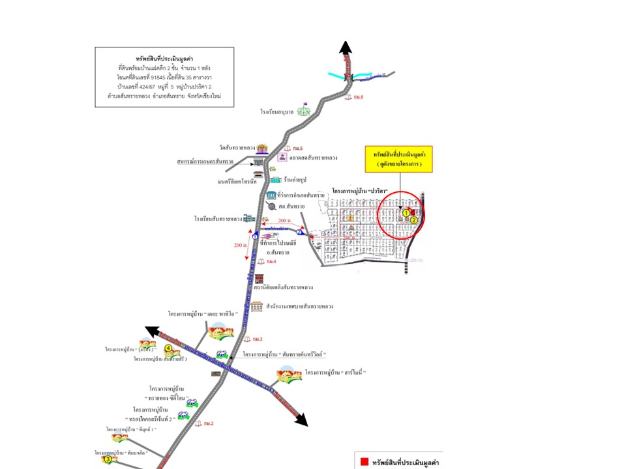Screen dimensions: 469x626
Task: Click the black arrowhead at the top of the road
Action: [346, 48]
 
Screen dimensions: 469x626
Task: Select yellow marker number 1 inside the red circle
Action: [406, 212]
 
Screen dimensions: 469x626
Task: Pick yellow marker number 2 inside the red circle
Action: [413, 220]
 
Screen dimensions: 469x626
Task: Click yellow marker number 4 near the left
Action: [168, 348]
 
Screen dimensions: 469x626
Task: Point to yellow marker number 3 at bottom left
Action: [108, 459]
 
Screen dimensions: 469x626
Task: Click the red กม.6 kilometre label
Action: [355, 97]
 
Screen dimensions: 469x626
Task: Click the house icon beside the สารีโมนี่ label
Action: [289, 375]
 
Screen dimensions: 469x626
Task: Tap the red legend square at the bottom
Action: [364, 462]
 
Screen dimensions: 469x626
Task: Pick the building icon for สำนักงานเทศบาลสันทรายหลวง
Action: [256, 306]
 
